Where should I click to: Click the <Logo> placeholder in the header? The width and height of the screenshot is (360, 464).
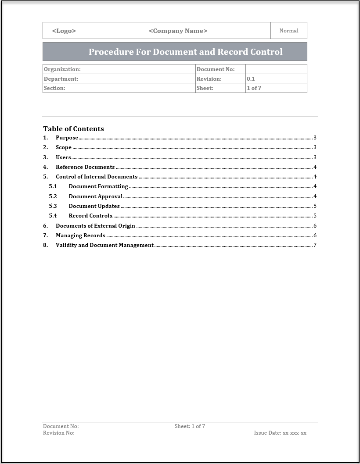[64, 31]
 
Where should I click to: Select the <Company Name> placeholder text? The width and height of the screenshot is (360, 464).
[178, 31]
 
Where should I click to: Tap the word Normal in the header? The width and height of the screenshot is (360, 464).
[289, 31]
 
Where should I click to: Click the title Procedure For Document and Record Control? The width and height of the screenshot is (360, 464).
[185, 52]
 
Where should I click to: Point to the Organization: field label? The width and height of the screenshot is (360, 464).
[62, 69]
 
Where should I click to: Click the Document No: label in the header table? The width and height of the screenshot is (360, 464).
[216, 69]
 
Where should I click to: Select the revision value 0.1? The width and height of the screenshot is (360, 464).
[251, 79]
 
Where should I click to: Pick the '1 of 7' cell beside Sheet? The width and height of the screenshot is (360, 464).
[254, 88]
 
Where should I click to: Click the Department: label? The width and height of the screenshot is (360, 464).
[61, 79]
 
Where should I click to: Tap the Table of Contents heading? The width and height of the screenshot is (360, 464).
[73, 128]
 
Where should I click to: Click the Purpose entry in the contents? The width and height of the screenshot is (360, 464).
[67, 138]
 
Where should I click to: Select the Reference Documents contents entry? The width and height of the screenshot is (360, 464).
[85, 167]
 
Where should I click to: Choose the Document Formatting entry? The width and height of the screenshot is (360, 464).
[98, 186]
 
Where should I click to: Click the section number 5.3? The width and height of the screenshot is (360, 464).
[53, 206]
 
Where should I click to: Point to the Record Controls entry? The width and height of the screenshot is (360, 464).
[90, 216]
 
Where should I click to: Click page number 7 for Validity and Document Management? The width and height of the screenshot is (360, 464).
[315, 245]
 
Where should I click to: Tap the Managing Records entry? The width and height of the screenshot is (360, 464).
[80, 236]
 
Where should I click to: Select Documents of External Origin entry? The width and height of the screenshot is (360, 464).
[95, 226]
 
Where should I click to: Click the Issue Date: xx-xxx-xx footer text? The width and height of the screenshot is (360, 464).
[280, 433]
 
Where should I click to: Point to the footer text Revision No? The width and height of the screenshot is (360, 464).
[59, 433]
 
